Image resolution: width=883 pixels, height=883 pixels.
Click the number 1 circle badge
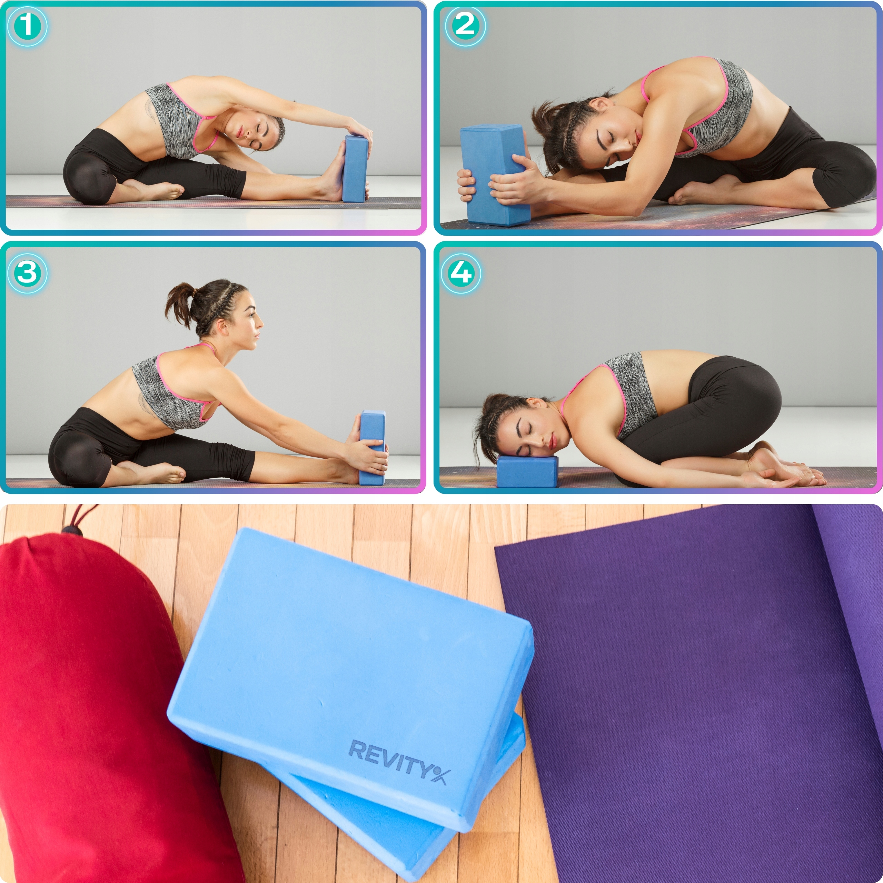click(28, 27)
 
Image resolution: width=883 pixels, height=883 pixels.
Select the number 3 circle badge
click(28, 273)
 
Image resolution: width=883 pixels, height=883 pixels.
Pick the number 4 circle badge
click(461, 273)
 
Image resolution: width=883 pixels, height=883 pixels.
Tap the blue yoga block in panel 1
click(356, 169)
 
